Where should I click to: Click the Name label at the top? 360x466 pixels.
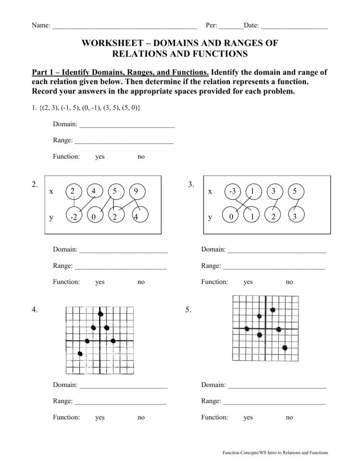(x=41, y=26)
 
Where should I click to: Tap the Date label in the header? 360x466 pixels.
(x=251, y=26)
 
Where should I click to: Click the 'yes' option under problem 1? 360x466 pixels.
(x=99, y=157)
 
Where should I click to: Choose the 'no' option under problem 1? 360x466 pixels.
(x=141, y=157)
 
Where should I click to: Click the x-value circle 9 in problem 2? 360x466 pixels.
(x=137, y=191)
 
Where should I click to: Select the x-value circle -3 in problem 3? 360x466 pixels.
(x=232, y=191)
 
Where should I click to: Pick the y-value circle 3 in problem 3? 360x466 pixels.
(x=295, y=217)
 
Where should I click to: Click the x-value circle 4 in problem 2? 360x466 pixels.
(x=93, y=191)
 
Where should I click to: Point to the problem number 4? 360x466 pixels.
(x=35, y=310)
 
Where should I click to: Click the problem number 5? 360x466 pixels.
(x=188, y=310)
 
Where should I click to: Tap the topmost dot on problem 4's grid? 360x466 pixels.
(x=100, y=314)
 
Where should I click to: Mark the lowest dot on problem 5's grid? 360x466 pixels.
(x=285, y=347)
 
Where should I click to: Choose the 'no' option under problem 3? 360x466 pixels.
(x=289, y=282)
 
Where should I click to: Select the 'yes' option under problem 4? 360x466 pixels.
(x=99, y=417)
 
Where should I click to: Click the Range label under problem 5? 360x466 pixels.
(x=211, y=401)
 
